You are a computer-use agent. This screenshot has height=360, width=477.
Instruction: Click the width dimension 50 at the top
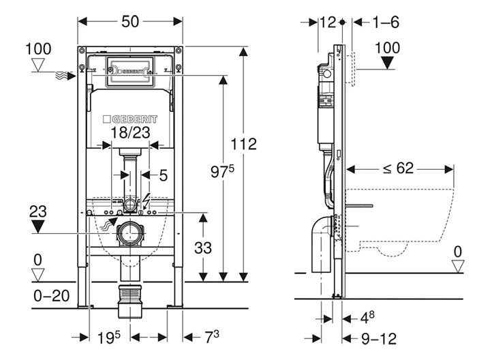coord(130,21)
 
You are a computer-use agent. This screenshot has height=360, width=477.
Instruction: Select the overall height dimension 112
coord(243,144)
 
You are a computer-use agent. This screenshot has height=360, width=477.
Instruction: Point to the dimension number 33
coord(202,248)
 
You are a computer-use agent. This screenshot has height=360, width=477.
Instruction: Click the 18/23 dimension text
coord(130,133)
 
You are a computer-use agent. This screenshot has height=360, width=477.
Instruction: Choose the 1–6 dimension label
coord(385,22)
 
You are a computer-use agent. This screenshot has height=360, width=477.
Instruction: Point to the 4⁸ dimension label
coord(367,317)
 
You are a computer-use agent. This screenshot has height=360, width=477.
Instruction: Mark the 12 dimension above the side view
coord(328,22)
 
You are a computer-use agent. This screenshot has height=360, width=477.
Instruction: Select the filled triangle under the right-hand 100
coord(389,63)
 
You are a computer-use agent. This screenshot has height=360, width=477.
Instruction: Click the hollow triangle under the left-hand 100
coord(39,65)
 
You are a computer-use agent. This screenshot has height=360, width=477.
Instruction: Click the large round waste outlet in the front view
coord(129,234)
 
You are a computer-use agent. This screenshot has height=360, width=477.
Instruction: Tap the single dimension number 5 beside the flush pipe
coord(163,175)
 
